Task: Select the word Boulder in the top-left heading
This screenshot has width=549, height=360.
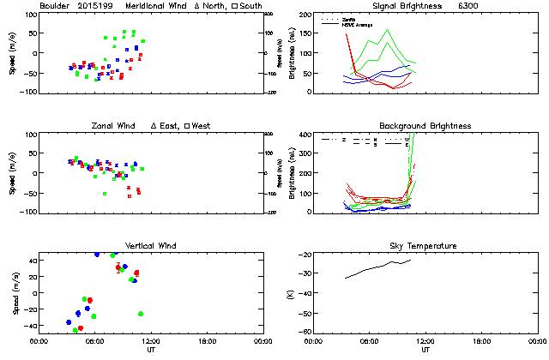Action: click(x=55, y=6)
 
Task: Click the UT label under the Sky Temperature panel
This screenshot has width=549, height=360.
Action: click(x=425, y=351)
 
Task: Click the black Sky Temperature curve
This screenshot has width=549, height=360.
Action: click(x=377, y=267)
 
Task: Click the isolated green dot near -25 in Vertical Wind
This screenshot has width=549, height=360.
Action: click(x=141, y=314)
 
